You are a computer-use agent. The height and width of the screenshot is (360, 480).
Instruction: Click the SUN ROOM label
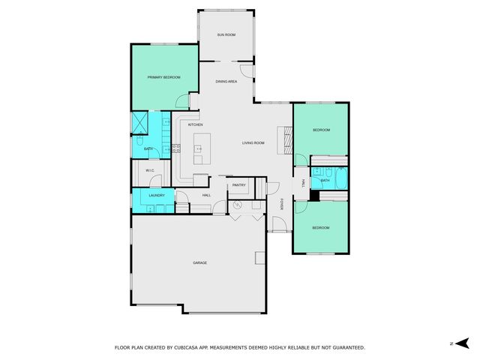pos(226,35)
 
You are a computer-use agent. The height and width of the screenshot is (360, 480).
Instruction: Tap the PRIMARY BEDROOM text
pos(163,76)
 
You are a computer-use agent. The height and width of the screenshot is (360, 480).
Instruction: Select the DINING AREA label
pos(226,81)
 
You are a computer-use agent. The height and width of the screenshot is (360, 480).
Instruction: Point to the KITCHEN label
pos(195,124)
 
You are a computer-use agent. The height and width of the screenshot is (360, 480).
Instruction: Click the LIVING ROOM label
pos(253,142)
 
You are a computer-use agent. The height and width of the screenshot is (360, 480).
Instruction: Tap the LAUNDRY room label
pos(156,195)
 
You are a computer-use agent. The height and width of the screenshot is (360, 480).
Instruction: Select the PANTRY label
pos(239,184)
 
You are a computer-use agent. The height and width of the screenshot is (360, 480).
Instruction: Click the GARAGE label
pos(199,262)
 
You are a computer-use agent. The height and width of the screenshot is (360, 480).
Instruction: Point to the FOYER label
pos(282,204)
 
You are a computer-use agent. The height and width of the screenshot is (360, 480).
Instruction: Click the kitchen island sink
pos(199,148)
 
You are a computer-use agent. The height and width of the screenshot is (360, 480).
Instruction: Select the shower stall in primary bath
pos(139,122)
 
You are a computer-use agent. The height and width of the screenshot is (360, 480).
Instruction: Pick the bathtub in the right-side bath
pos(340,180)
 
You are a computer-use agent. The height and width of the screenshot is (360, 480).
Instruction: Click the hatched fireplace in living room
pos(284,139)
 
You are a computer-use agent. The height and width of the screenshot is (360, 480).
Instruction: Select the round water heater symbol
pos(238,204)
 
